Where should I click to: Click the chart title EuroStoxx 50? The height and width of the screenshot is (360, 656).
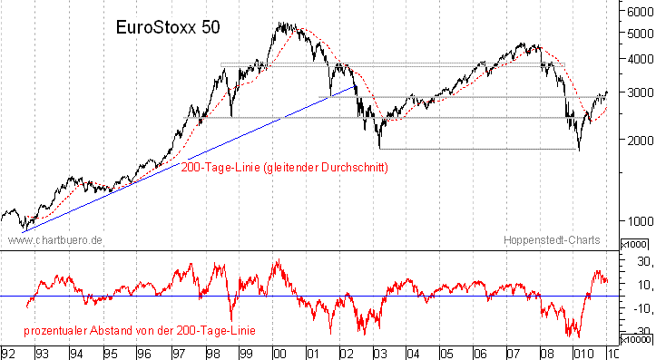(168, 27)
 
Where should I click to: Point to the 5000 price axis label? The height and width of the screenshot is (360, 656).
(636, 34)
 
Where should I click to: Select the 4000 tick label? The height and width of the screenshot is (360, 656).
(636, 59)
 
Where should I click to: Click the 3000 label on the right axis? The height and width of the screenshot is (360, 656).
(636, 92)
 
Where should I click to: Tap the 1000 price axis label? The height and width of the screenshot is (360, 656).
(636, 220)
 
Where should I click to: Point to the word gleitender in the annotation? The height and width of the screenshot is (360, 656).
(289, 167)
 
